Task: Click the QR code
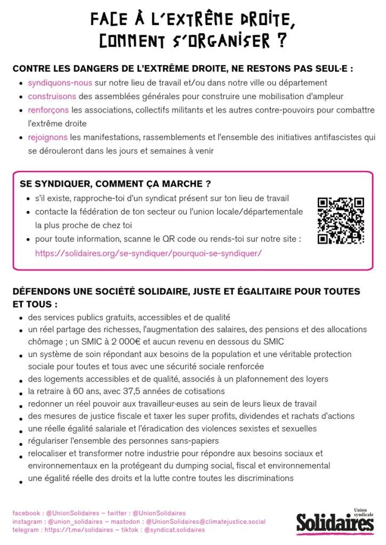coord(341,221)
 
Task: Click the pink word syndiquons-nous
coord(60,83)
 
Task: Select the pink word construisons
coord(52,96)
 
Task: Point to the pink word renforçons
coord(49,110)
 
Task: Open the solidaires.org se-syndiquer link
coord(148,253)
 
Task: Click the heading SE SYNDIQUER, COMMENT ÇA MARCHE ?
coord(111,184)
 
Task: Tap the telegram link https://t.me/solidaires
coord(74,530)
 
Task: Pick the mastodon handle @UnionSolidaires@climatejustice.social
coord(205,522)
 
